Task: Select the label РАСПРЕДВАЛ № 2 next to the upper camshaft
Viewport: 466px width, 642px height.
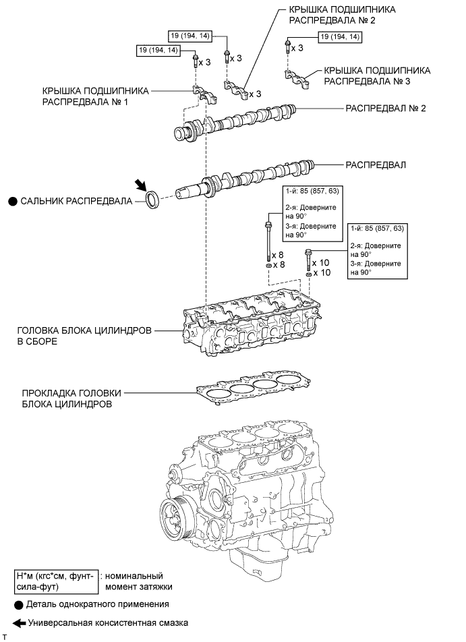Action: [386, 108]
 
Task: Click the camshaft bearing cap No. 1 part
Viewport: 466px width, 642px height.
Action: [205, 93]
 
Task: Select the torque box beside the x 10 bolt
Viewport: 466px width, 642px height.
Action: [377, 251]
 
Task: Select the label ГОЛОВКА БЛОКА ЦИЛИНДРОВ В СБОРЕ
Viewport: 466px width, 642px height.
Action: [84, 336]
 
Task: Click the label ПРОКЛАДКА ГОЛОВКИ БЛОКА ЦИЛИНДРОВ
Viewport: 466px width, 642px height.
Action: [72, 399]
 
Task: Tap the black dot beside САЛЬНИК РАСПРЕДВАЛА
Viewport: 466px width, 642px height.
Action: [13, 201]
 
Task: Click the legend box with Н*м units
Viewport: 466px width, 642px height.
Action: [57, 581]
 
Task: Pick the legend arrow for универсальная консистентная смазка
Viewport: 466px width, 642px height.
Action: [20, 623]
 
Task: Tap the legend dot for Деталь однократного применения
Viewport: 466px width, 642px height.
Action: [18, 605]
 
